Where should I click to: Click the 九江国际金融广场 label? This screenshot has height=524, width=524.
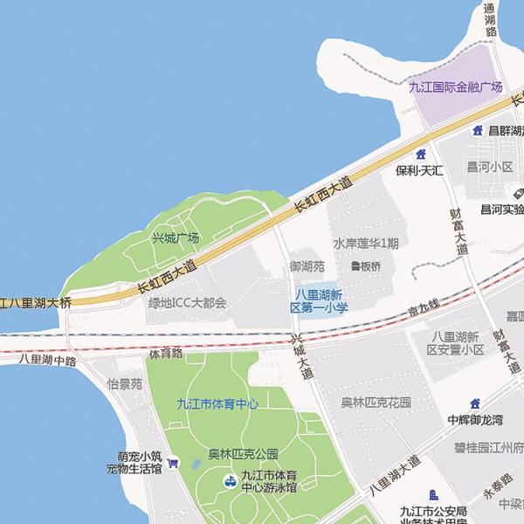456,86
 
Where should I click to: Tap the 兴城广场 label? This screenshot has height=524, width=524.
176,238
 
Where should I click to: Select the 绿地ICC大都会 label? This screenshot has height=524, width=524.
187,303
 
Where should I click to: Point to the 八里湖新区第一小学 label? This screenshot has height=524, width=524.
320,300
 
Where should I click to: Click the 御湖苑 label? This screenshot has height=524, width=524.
307,266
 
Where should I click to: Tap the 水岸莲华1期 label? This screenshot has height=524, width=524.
366,244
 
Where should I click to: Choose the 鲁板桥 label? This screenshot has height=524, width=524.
366,266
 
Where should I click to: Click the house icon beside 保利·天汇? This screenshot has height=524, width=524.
421,154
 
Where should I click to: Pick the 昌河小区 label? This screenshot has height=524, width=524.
490,167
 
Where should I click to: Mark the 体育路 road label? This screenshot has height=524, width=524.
165,354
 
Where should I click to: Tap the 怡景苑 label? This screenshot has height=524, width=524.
124,384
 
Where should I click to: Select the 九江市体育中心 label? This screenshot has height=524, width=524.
217,403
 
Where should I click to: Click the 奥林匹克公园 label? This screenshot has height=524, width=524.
243,454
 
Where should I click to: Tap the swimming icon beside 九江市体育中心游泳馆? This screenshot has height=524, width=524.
229,480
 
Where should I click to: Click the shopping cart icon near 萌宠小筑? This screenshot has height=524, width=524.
173,463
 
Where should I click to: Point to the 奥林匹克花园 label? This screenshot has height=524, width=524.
376,403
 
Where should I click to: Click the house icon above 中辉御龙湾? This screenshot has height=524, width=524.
475,403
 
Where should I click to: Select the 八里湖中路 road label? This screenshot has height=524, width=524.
47,359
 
